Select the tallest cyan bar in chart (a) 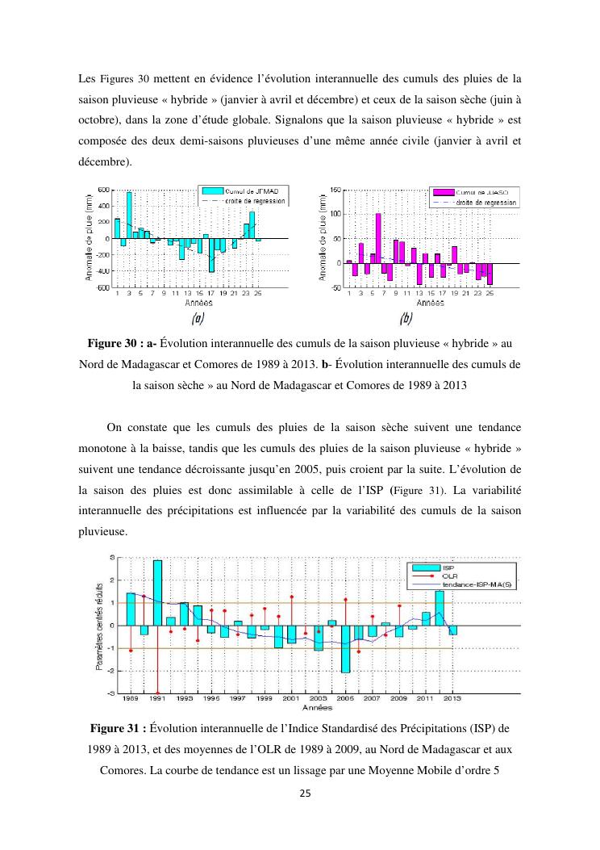pyautogui.click(x=129, y=215)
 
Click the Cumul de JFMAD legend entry pyautogui.click(x=243, y=191)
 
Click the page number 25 pyautogui.click(x=300, y=794)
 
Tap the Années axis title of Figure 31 pyautogui.click(x=316, y=706)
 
